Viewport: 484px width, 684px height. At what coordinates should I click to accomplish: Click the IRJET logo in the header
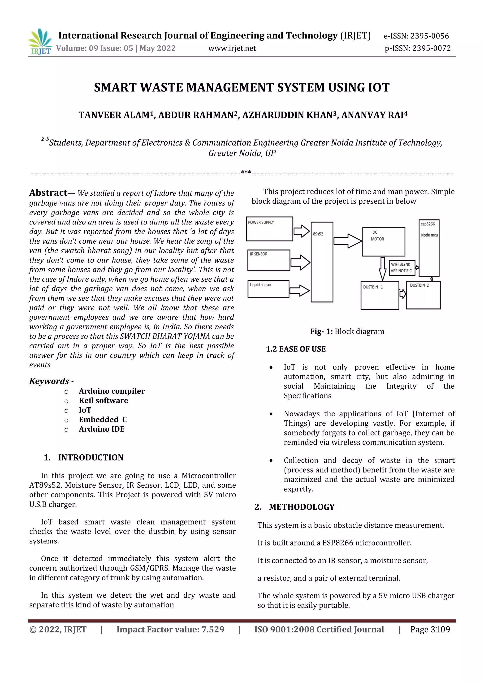pyautogui.click(x=40, y=42)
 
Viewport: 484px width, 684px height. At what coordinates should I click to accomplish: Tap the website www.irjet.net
pyautogui.click(x=232, y=48)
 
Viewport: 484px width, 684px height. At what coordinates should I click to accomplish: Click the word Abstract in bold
pyautogui.click(x=48, y=193)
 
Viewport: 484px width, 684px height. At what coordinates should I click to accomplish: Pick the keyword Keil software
pyautogui.click(x=104, y=400)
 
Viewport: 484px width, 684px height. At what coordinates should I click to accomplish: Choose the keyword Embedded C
pyautogui.click(x=103, y=419)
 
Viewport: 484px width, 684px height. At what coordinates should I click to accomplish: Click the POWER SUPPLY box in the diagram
pyautogui.click(x=269, y=229)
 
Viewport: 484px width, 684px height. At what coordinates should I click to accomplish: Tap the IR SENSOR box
pyautogui.click(x=268, y=260)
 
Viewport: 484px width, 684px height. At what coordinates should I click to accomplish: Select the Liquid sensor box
pyautogui.click(x=268, y=289)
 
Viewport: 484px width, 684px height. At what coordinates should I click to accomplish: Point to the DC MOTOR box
pyautogui.click(x=383, y=242)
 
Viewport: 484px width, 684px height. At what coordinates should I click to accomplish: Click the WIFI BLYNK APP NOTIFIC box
pyautogui.click(x=402, y=267)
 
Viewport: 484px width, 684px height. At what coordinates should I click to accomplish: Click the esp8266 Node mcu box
pyautogui.click(x=429, y=248)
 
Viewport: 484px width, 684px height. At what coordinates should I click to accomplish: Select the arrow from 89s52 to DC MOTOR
pyautogui.click(x=347, y=241)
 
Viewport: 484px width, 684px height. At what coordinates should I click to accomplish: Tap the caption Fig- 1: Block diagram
pyautogui.click(x=347, y=331)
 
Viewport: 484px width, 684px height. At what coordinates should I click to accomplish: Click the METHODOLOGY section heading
pyautogui.click(x=302, y=507)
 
